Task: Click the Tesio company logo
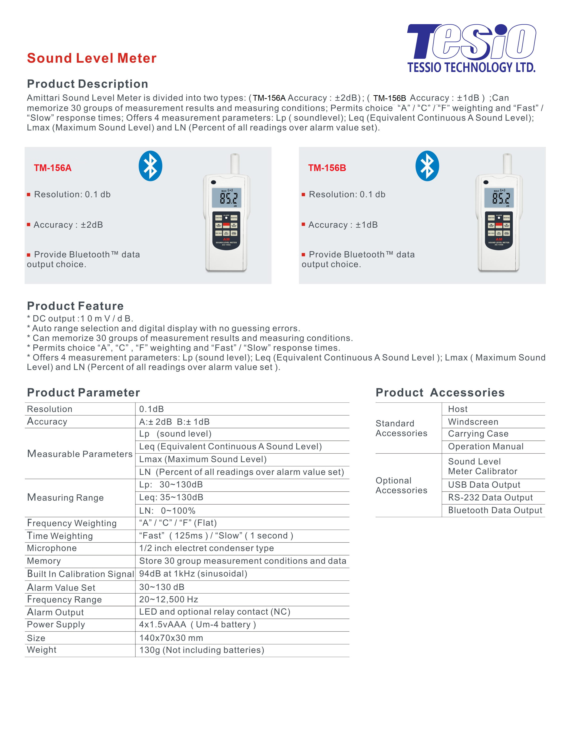pos(471,48)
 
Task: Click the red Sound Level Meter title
pos(92,58)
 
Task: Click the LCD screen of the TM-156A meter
pos(227,198)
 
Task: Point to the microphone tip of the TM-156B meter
pos(507,156)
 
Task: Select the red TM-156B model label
pos(327,168)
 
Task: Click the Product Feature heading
pos(75,306)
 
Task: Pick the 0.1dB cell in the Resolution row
pos(151,409)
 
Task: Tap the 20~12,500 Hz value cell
pos(169,600)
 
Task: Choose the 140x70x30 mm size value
pos(171,638)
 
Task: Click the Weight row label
pos(42,650)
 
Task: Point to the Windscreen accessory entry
pos(473,422)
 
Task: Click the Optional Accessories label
pos(401,485)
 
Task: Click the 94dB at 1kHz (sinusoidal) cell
pos(193,574)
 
